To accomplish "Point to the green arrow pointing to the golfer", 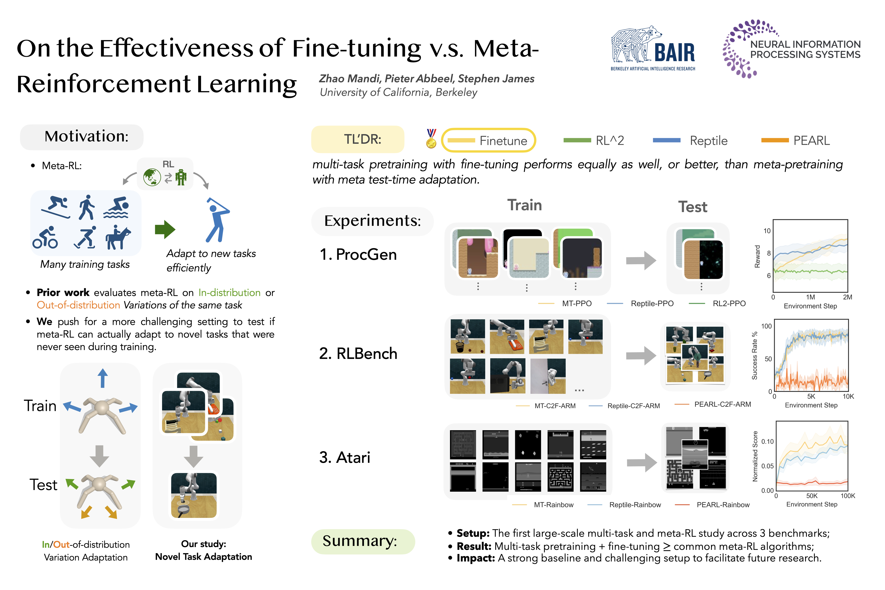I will point(165,229).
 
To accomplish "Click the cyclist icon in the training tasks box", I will point(45,238).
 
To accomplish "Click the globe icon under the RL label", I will point(152,177).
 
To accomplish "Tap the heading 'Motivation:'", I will point(86,136).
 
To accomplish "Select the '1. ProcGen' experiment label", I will point(358,254).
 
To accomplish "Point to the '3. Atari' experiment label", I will point(345,457).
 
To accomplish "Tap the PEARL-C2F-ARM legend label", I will point(723,404).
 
